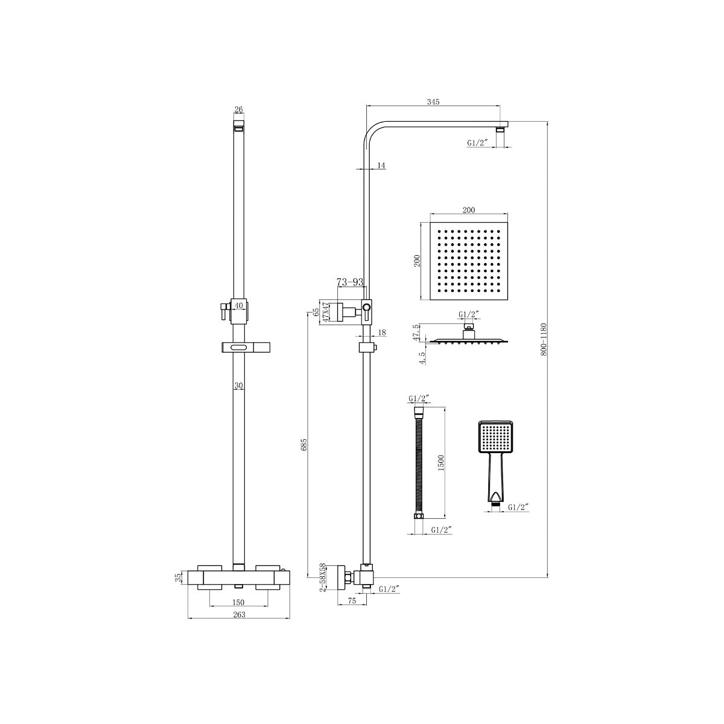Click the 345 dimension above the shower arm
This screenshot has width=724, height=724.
[x=433, y=101]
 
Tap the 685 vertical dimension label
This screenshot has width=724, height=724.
[x=304, y=445]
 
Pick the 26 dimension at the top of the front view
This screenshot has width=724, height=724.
[x=238, y=109]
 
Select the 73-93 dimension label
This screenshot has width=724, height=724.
[x=350, y=282]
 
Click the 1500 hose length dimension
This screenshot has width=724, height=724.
[x=441, y=463]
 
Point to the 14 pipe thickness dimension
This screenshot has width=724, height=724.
[x=381, y=165]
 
